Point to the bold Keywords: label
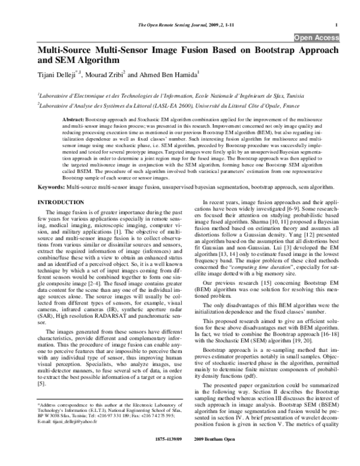pyautogui.click(x=52, y=187)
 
